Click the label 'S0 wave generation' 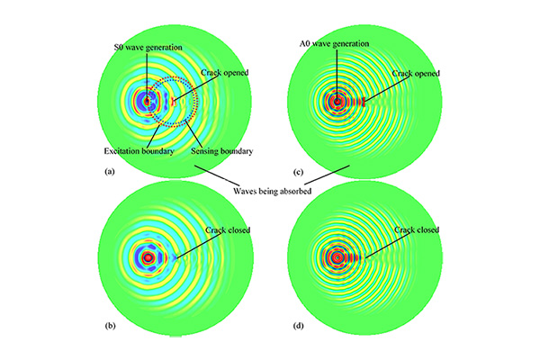tap(148, 47)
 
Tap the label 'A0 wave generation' tap(334, 44)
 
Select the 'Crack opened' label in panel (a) tap(224, 73)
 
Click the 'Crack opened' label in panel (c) tap(416, 74)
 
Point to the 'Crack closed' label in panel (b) tap(228, 229)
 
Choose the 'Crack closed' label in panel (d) tap(417, 229)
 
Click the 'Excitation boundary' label tap(139, 151)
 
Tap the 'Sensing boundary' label tap(222, 151)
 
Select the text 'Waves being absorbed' tap(273, 191)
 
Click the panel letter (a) tap(110, 172)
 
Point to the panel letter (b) tap(110, 326)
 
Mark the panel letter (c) tap(298, 172)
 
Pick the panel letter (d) tap(298, 326)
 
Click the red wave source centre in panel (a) tap(147, 102)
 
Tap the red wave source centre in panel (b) tap(148, 257)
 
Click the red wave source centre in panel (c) tap(337, 102)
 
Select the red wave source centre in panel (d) tap(337, 257)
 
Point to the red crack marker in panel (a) tap(174, 102)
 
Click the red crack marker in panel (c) tap(364, 102)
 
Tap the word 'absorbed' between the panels tap(296, 191)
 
